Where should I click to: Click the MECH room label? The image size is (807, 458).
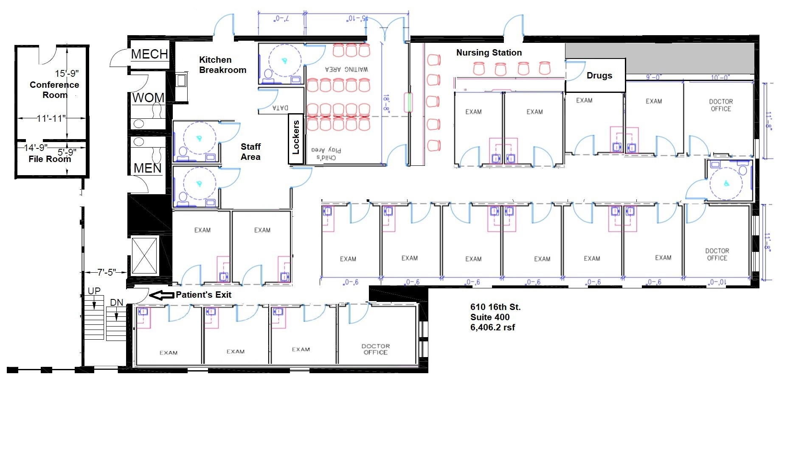click(149, 54)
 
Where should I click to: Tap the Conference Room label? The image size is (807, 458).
click(54, 90)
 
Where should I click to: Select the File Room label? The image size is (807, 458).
click(50, 159)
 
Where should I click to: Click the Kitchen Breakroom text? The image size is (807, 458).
click(222, 65)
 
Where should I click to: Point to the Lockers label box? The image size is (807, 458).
click(296, 137)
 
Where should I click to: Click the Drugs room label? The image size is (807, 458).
click(599, 75)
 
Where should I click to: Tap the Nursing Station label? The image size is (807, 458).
click(489, 53)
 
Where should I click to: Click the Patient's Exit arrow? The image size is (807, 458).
click(163, 295)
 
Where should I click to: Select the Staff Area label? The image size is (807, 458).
click(250, 152)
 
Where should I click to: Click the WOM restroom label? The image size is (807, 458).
click(148, 98)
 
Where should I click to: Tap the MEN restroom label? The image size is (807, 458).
click(147, 168)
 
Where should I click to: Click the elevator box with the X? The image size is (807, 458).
click(144, 256)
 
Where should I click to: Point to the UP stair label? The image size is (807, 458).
click(94, 291)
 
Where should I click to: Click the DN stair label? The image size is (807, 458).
click(117, 302)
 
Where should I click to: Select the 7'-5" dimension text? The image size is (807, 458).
click(106, 272)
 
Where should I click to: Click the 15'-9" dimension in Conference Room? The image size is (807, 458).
click(67, 73)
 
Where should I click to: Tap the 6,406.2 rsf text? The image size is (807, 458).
click(492, 327)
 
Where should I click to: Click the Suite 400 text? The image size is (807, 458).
click(490, 317)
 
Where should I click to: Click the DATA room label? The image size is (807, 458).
click(280, 108)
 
